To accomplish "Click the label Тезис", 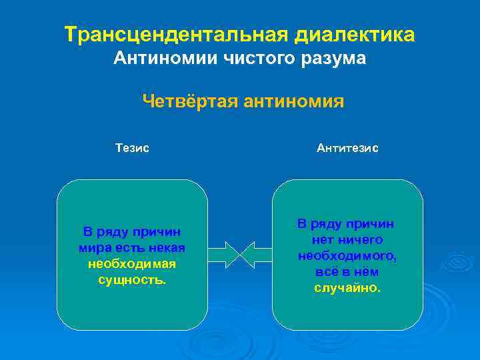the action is [132, 148].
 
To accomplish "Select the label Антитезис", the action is [347, 148].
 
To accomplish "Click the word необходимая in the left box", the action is [132, 264].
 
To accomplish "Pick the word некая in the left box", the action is [168, 248].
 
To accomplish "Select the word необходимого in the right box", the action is [347, 256].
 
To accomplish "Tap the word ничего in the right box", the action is [359, 240].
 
